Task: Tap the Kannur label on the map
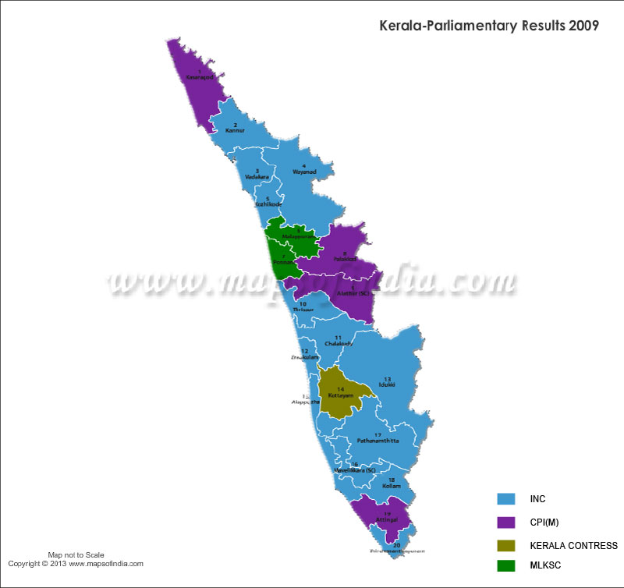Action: click(x=236, y=130)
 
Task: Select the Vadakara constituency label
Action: click(x=257, y=177)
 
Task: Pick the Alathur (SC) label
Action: click(x=353, y=293)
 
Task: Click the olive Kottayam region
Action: click(x=341, y=394)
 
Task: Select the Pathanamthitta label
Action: click(x=378, y=441)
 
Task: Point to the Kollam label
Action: click(x=392, y=485)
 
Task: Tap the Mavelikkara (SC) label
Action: click(x=355, y=469)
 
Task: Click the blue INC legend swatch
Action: click(x=506, y=498)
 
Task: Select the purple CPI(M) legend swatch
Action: click(x=506, y=522)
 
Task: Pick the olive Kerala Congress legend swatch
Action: click(x=506, y=545)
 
